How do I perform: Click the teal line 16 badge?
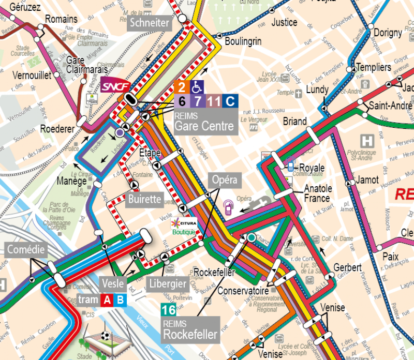pyautogui.click(x=169, y=310)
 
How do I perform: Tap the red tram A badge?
pyautogui.click(x=108, y=300)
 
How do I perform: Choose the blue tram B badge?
pyautogui.click(x=120, y=300)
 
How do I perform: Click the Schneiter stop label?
pyautogui.click(x=150, y=23)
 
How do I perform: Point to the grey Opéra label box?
pyautogui.click(x=224, y=180)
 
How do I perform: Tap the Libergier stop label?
pyautogui.click(x=167, y=283)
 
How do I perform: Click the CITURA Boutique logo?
pyautogui.click(x=184, y=226)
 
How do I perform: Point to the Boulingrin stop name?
pyautogui.click(x=244, y=41)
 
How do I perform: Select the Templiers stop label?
pyautogui.click(x=374, y=67)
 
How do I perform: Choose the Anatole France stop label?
pyautogui.click(x=317, y=193)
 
